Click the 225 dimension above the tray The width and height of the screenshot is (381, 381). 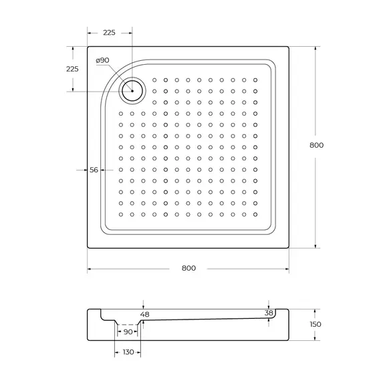[x=110, y=32]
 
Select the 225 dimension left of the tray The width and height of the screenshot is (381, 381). [x=72, y=69]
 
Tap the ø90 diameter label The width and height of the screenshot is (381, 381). [x=102, y=61]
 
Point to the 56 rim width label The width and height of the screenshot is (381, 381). [x=94, y=170]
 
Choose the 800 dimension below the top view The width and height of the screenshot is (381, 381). [x=188, y=269]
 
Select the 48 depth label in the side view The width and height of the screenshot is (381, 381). [x=144, y=314]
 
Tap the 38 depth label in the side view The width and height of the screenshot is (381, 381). [x=269, y=313]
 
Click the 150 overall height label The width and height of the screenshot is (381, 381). [x=315, y=324]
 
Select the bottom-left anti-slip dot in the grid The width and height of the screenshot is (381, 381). [x=121, y=215]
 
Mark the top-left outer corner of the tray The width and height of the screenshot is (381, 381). [x=88, y=46]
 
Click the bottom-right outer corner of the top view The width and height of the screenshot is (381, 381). [x=289, y=248]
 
